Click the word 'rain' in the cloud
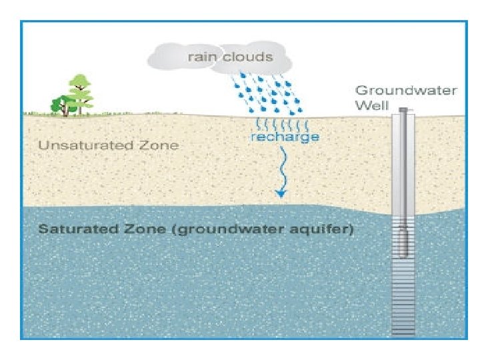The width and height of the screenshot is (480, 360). pos(201,57)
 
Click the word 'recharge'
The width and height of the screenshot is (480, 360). pos(285,137)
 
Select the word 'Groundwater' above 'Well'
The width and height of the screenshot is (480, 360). pos(405,91)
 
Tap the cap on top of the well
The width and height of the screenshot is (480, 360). pos(403,110)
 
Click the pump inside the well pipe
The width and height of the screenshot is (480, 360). pos(403,240)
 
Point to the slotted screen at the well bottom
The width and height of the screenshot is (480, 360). pos(403,300)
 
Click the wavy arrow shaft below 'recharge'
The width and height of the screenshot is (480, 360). pos(283,167)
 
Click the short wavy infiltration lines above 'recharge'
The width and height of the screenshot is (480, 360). pos(280,124)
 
